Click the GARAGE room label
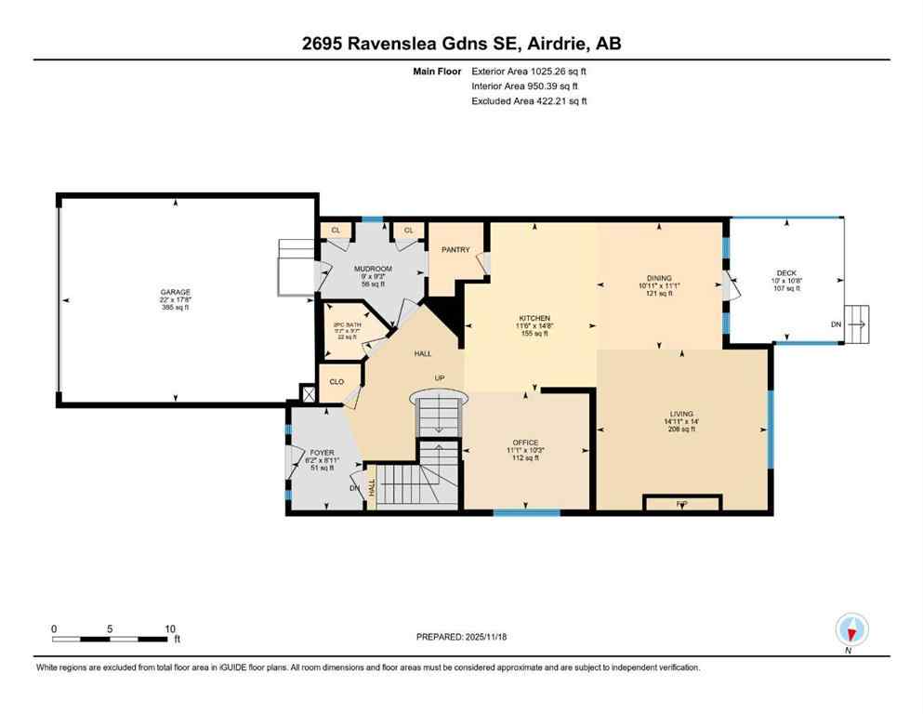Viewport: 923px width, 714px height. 175,292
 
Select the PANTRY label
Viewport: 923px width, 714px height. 455,249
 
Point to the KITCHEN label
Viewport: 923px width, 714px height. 534,318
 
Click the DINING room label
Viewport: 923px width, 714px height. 659,277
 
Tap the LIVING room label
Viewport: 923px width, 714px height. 682,413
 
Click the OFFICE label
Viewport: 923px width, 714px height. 525,443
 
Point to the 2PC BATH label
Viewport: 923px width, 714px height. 346,325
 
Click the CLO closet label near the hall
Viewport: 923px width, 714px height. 337,381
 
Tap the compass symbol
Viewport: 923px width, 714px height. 851,629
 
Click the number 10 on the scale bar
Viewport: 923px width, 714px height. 170,628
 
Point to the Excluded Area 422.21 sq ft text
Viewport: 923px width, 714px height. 530,100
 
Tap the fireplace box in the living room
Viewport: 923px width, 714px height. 681,503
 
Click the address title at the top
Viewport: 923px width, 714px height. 461,43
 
